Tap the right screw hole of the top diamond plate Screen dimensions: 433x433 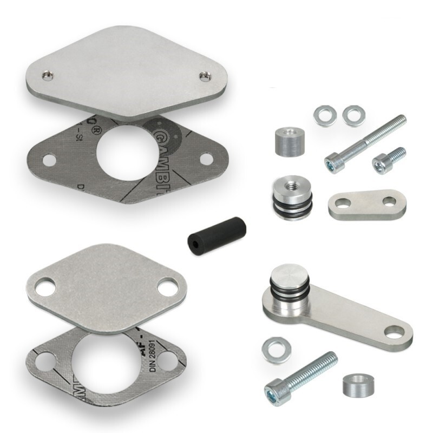tap(204, 75)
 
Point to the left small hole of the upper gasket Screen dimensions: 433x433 tap(49, 160)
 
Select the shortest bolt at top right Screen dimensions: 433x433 tap(389, 157)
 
